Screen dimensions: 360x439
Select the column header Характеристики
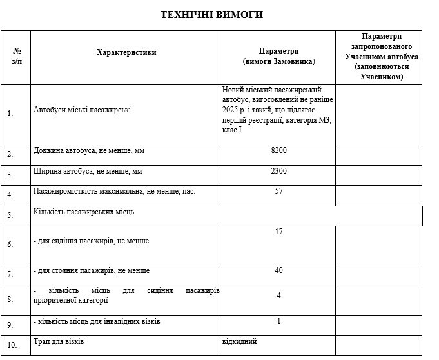126,52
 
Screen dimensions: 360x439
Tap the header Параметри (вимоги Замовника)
278,56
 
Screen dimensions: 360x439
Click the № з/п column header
16,56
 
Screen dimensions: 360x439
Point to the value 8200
278,150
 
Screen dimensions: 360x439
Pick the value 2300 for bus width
278,171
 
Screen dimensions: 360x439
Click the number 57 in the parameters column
278,191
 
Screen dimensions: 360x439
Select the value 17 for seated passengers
278,232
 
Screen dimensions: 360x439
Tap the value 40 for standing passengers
278,270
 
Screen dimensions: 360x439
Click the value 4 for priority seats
278,295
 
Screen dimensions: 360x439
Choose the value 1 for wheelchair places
278,321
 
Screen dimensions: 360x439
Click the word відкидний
239,341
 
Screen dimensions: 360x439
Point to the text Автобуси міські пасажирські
82,110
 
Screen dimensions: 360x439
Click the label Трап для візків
59,341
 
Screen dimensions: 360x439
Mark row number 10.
10,345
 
